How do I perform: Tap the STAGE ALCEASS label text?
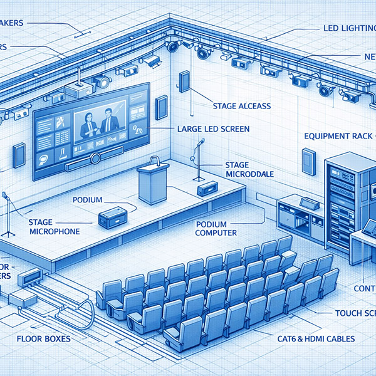click(x=242, y=106)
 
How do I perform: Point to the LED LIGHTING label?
click(x=348, y=28)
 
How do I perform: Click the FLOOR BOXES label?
click(x=43, y=338)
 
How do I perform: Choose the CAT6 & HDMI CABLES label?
click(x=316, y=338)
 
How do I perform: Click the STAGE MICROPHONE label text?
click(x=55, y=227)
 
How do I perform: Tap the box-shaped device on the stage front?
click(x=113, y=216)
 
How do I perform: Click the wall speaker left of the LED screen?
click(x=19, y=153)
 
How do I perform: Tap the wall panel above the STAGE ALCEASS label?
click(x=184, y=82)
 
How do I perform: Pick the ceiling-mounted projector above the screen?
click(x=80, y=90)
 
